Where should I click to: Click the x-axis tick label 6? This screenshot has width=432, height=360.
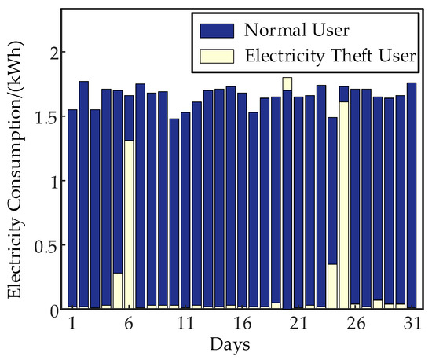click(128, 324)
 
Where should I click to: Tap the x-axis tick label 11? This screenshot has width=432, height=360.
click(185, 324)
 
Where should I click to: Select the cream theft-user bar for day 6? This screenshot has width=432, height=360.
click(129, 224)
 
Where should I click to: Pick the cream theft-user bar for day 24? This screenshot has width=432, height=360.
click(332, 286)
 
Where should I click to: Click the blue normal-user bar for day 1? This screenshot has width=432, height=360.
click(72, 204)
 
